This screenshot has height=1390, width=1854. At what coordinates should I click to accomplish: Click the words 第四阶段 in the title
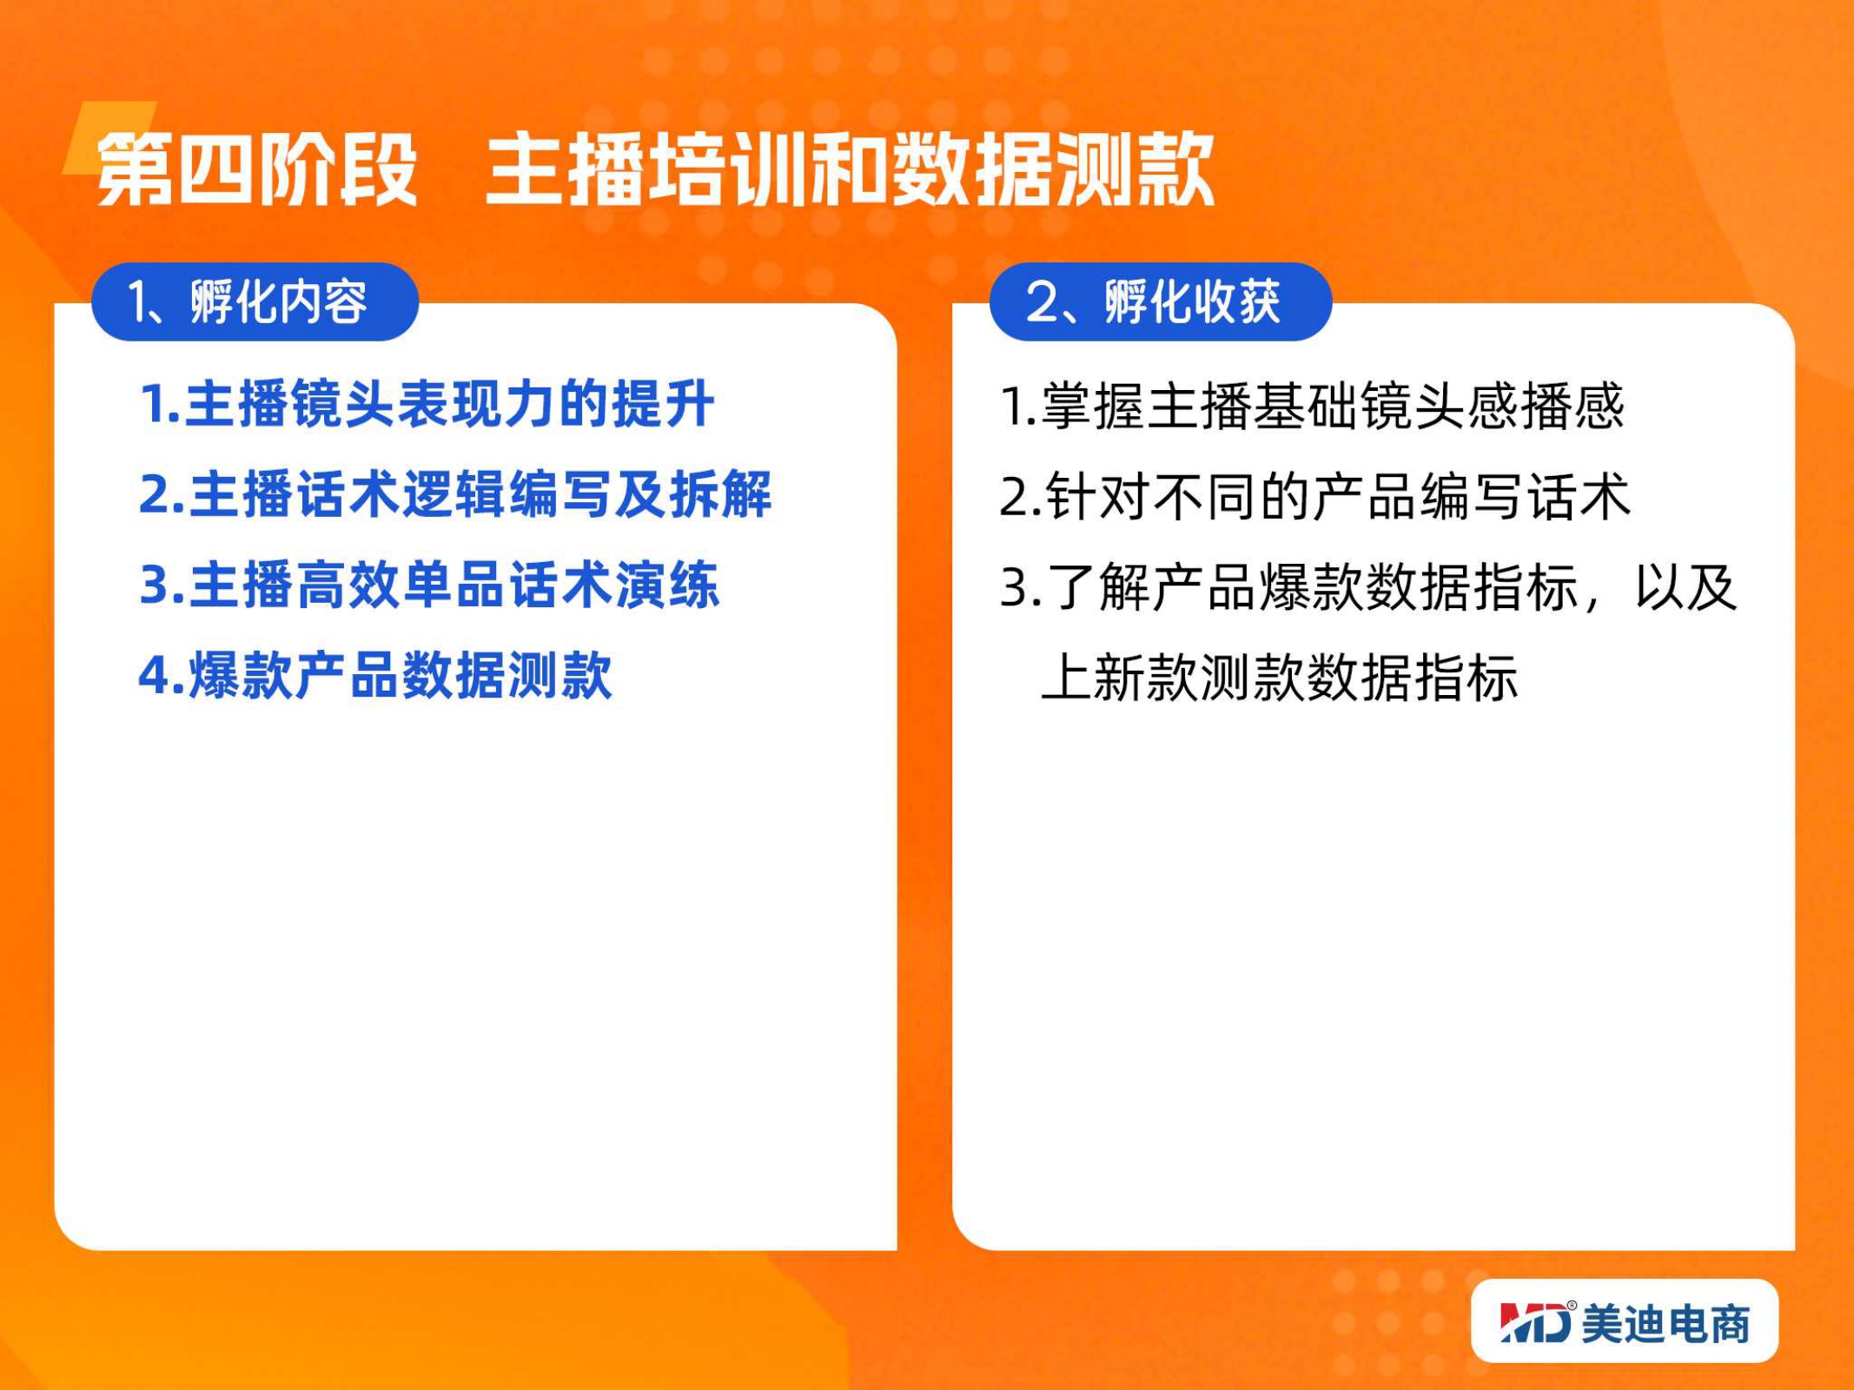point(257,169)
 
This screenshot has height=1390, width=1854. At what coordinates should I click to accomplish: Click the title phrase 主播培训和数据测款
point(850,169)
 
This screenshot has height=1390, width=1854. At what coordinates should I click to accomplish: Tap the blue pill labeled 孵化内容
point(255,301)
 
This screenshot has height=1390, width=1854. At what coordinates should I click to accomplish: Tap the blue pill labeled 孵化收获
point(1161,301)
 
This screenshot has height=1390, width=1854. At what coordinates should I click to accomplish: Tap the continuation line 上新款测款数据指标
point(1279,678)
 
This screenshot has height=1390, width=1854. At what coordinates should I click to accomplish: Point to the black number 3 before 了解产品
point(1014,587)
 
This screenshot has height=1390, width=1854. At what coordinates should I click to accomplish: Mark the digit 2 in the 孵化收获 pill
point(1040,302)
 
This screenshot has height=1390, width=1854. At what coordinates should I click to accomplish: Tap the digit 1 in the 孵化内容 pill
point(139,302)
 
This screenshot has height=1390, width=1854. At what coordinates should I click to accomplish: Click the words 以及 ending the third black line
point(1685,587)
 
